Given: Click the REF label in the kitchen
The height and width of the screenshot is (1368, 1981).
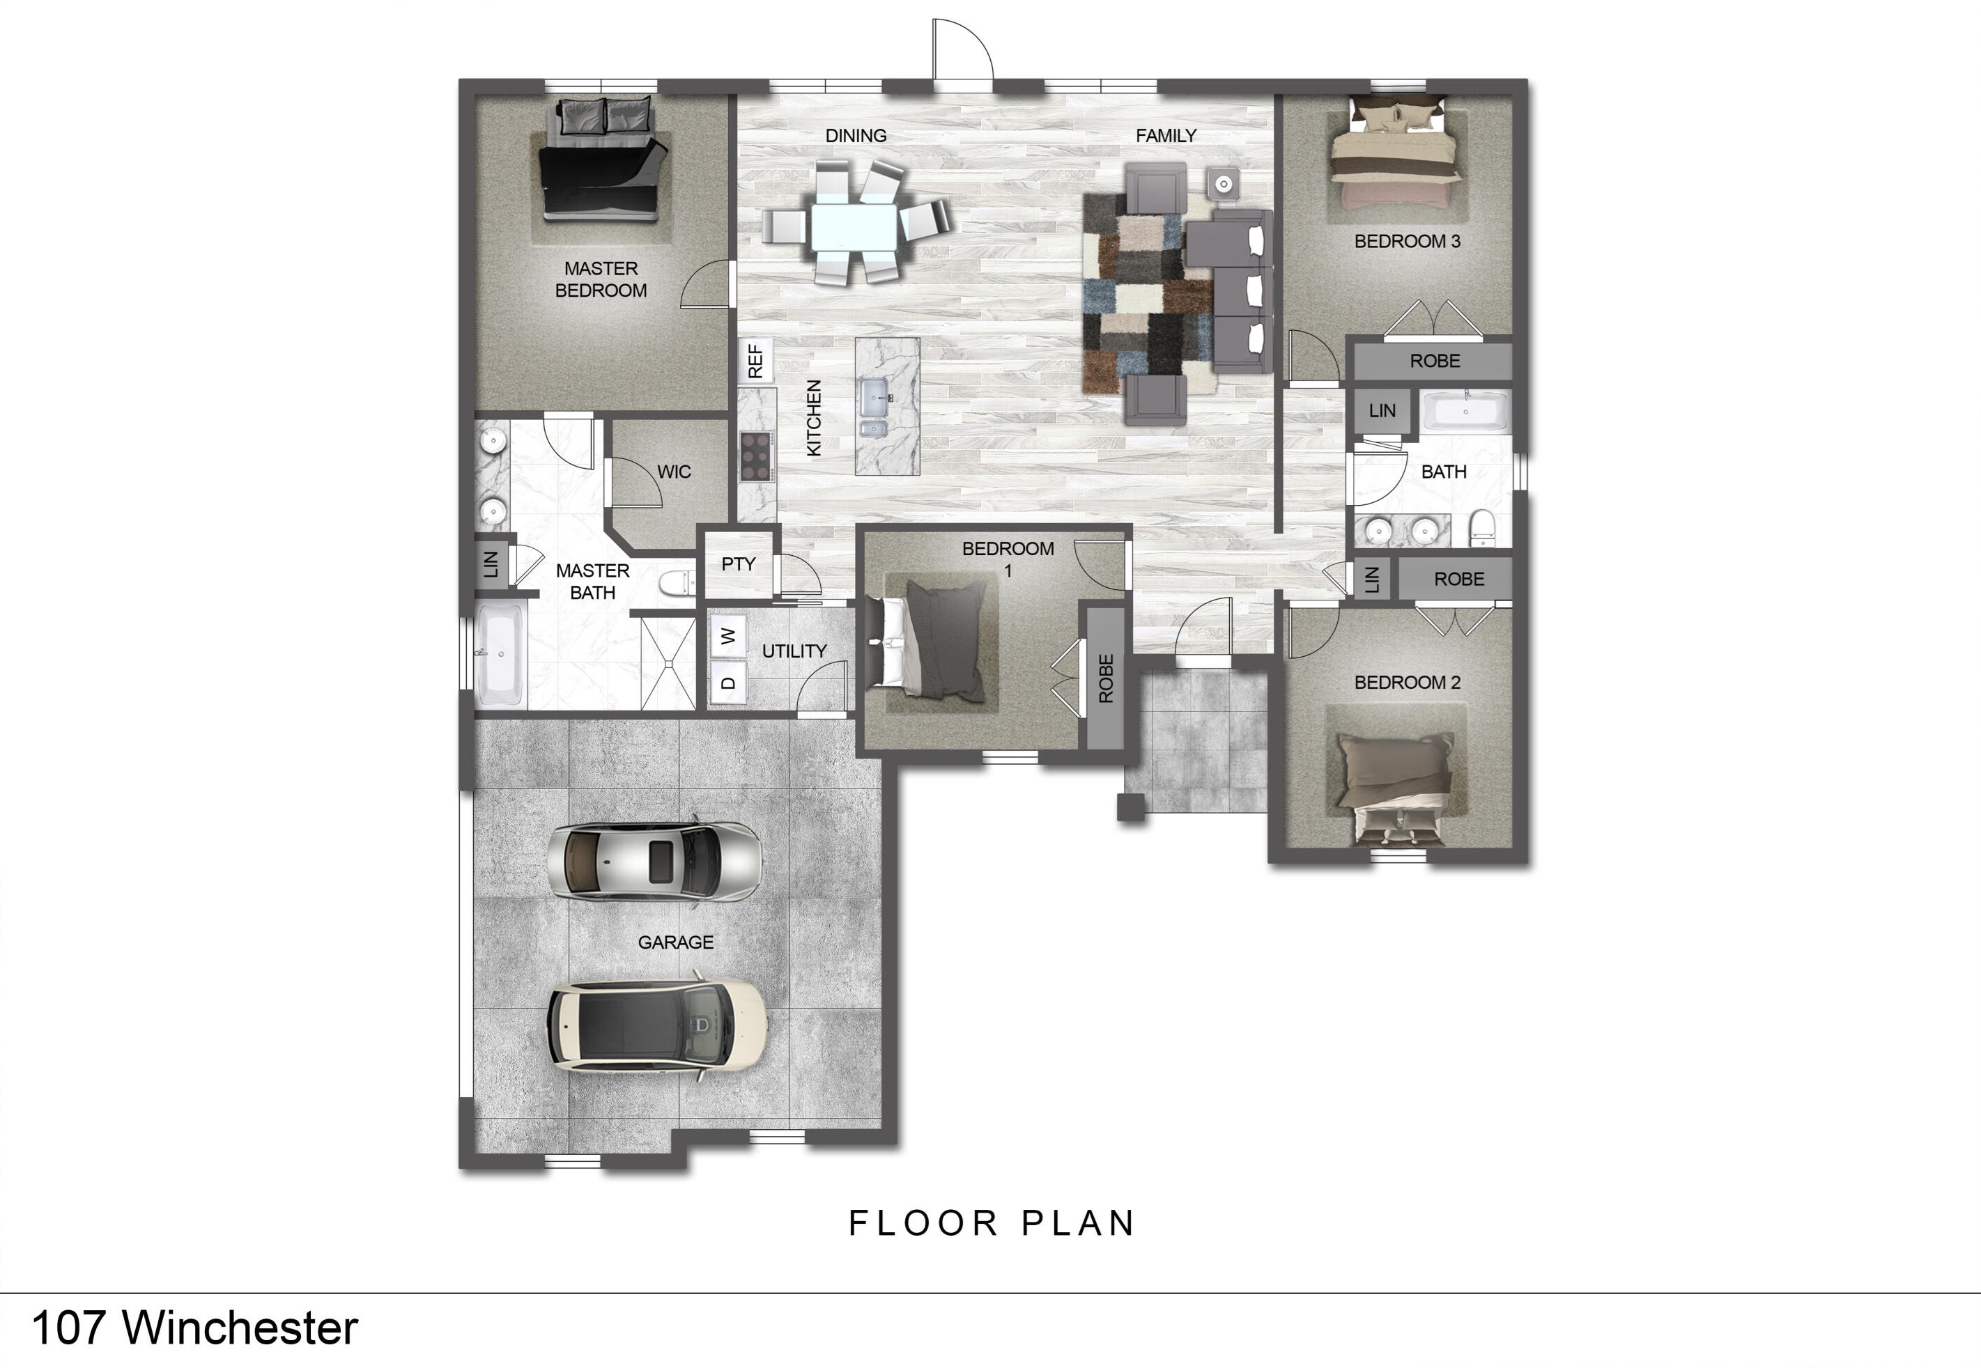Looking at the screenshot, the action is [x=755, y=361].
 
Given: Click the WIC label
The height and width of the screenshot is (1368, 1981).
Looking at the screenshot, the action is [x=674, y=472].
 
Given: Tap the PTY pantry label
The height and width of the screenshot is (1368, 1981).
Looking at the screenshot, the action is [x=738, y=564].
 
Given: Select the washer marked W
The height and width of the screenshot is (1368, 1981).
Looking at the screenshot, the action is [x=727, y=636].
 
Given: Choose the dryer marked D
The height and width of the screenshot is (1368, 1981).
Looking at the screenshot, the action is [x=727, y=683].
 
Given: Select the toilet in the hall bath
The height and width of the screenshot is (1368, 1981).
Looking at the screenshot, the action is [x=1481, y=528].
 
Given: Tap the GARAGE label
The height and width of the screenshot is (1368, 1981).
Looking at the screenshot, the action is [x=675, y=942].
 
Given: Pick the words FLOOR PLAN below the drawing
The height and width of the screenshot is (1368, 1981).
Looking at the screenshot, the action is [x=992, y=1223].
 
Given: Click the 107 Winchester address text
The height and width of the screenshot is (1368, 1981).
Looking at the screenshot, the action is [x=194, y=1328].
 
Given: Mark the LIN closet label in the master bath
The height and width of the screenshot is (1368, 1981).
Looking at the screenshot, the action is [x=491, y=564].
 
